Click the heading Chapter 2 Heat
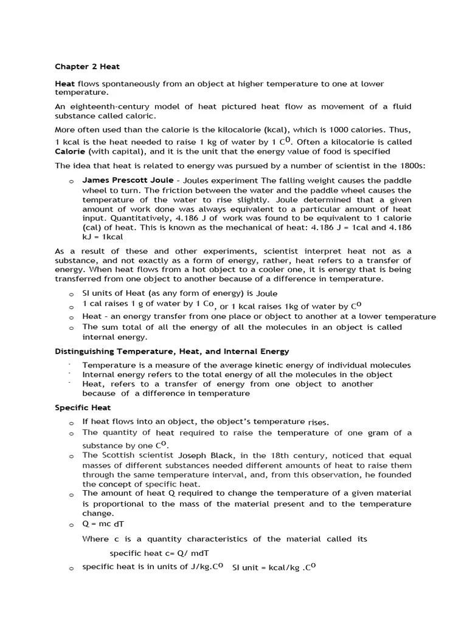[x=87, y=66]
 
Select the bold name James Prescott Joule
[x=126, y=180]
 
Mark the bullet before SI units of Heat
[x=71, y=294]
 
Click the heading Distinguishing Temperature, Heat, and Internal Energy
[x=172, y=351]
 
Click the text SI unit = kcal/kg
[x=267, y=567]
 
